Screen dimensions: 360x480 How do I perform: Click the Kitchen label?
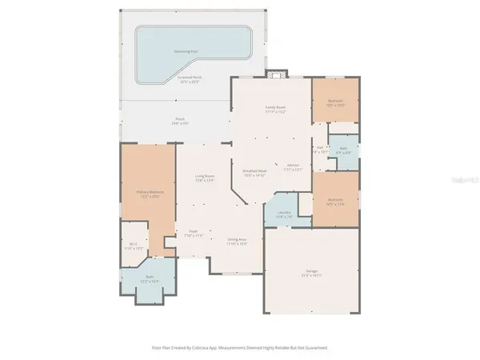pos(294,166)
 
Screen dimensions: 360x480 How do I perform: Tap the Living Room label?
pos(205,177)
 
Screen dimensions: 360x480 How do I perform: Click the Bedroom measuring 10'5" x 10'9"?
pos(334,102)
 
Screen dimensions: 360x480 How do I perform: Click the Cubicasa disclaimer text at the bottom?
pos(240,348)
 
